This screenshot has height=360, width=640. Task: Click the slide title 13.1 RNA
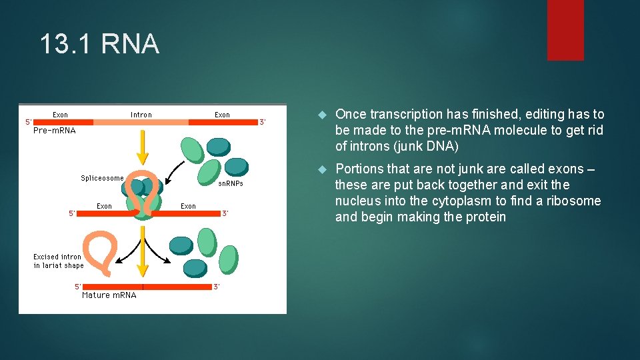99,45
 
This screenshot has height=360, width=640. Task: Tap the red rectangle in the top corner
565,30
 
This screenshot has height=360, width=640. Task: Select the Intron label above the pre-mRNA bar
141,115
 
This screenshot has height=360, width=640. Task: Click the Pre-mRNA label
55,131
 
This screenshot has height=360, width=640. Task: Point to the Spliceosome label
102,178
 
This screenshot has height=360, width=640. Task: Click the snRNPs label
231,183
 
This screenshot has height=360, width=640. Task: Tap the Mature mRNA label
109,295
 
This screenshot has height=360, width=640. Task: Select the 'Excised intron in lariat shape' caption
59,261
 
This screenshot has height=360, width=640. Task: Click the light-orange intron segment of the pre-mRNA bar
141,123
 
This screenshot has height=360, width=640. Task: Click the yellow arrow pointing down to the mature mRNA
141,252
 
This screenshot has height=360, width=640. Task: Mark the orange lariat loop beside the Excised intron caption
98,250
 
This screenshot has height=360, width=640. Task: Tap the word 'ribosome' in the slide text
573,201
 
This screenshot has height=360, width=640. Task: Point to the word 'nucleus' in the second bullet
359,201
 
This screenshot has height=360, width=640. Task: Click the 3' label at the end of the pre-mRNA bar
263,122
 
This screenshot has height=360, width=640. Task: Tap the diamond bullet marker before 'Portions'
321,169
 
